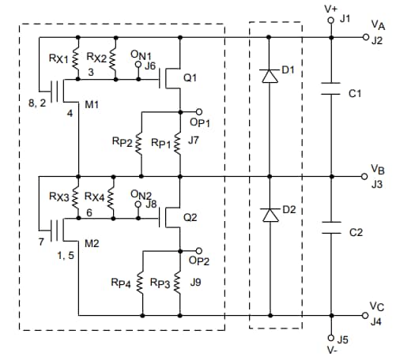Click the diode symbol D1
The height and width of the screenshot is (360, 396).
click(269, 76)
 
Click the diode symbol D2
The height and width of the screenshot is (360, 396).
click(269, 215)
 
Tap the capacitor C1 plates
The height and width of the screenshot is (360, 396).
click(330, 93)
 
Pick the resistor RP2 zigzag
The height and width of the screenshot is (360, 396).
click(140, 144)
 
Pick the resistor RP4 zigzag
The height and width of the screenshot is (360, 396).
click(140, 283)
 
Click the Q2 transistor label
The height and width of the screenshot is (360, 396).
click(189, 217)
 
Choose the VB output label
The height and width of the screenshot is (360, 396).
click(377, 170)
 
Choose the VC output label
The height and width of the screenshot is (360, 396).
click(377, 306)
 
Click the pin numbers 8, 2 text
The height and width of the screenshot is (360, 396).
click(37, 103)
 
